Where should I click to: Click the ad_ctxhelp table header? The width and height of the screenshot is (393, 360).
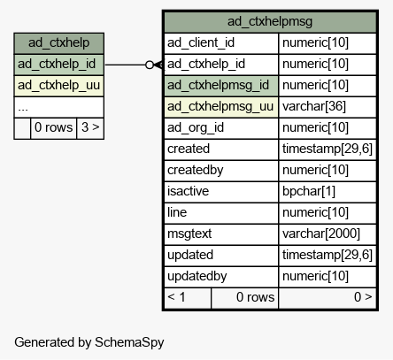click(x=58, y=43)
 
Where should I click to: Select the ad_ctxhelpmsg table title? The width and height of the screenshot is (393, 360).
click(x=270, y=21)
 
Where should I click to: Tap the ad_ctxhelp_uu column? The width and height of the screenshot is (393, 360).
click(x=58, y=86)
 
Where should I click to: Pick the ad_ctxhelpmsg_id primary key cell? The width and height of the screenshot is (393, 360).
click(x=221, y=86)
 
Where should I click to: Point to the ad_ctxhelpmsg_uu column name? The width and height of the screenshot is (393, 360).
click(x=220, y=106)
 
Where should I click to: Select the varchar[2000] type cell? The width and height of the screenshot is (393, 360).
click(x=327, y=234)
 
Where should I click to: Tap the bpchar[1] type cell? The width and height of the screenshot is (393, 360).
click(x=327, y=192)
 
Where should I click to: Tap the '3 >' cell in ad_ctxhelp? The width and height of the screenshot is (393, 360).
click(x=90, y=128)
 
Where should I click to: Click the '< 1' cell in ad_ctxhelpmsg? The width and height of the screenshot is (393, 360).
click(x=188, y=298)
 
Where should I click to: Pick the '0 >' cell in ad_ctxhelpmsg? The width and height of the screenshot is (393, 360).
click(x=327, y=298)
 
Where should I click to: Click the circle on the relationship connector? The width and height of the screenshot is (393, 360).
click(x=150, y=65)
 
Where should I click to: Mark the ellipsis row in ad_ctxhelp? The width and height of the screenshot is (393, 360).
click(x=58, y=107)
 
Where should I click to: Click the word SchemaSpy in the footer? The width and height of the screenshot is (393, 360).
click(x=129, y=342)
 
